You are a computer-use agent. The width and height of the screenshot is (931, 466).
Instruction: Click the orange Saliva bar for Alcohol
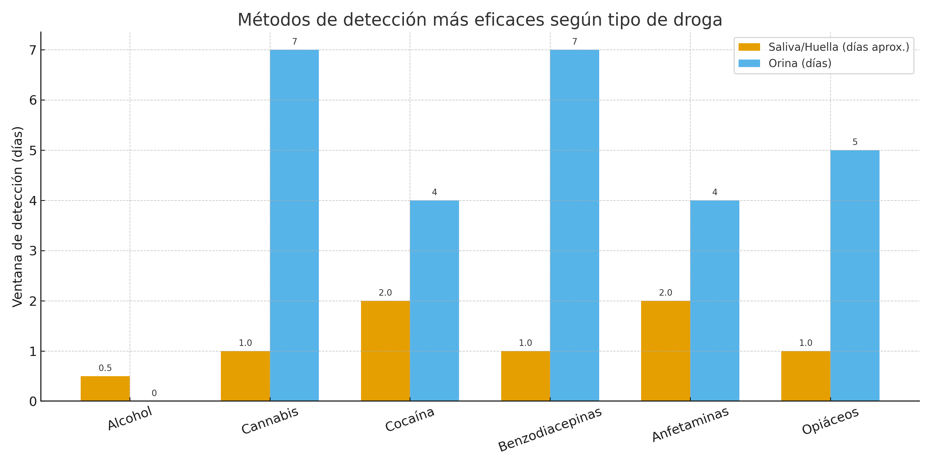click(105, 388)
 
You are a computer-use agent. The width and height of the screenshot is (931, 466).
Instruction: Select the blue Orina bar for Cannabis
click(294, 225)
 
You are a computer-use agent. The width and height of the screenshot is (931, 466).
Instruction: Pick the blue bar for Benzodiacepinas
click(574, 225)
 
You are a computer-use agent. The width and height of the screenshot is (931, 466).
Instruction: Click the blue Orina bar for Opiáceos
click(855, 275)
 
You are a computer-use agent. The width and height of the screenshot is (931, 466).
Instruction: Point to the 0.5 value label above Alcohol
click(105, 368)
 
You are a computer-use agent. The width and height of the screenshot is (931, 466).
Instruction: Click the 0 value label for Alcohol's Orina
click(154, 393)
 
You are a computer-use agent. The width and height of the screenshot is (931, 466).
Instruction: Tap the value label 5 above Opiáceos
click(855, 142)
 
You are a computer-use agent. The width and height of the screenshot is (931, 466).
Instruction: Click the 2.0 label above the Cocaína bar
click(385, 293)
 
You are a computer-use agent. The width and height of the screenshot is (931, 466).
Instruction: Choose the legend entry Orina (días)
click(800, 63)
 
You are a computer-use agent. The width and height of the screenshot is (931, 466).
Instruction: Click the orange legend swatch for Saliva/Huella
click(749, 47)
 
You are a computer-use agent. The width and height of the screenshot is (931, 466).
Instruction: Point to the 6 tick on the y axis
click(33, 100)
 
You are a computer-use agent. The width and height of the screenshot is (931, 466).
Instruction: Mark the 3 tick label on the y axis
click(33, 251)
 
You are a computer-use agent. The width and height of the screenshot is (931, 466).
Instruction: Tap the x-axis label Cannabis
click(270, 420)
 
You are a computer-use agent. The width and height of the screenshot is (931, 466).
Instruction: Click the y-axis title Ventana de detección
click(17, 217)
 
